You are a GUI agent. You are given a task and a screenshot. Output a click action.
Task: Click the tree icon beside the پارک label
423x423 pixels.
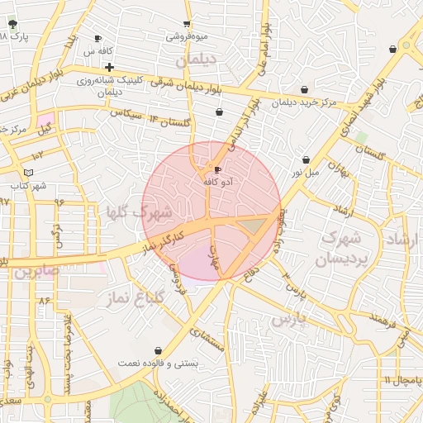pos(11,24)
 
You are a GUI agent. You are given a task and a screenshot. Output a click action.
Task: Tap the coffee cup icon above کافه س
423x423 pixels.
pos(98,38)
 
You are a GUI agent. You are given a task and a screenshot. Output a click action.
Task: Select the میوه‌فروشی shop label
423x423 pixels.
pos(188,36)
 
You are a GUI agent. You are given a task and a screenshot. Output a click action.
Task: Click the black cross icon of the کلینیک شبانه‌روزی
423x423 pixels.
pos(109,66)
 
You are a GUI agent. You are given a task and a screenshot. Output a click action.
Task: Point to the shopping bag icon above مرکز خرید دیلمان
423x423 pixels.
pos(306,88)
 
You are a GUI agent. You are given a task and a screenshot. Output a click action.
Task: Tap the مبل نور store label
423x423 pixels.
pos(304,173)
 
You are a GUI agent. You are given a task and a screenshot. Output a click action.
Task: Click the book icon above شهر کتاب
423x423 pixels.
pos(30,172)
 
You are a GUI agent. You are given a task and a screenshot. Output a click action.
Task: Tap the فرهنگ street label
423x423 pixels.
pos(384,316)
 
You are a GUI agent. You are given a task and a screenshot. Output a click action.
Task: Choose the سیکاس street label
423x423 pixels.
pos(127,112)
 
